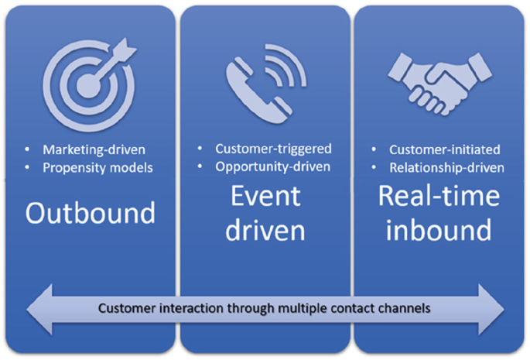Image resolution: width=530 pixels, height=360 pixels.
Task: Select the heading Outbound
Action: pyautogui.click(x=90, y=212)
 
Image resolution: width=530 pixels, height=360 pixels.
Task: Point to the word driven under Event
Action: pyautogui.click(x=265, y=230)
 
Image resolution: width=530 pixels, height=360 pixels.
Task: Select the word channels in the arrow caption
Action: pyautogui.click(x=403, y=308)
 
